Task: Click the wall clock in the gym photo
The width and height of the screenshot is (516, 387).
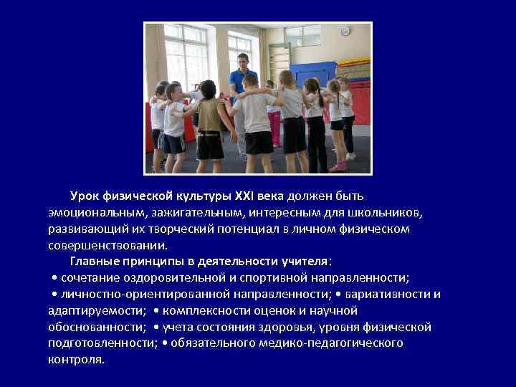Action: pos(345,31)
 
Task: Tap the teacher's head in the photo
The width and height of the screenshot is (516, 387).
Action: pos(243,61)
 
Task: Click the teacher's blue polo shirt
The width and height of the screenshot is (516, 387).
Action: pos(243,81)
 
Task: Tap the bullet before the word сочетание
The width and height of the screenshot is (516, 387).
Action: pos(55,277)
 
